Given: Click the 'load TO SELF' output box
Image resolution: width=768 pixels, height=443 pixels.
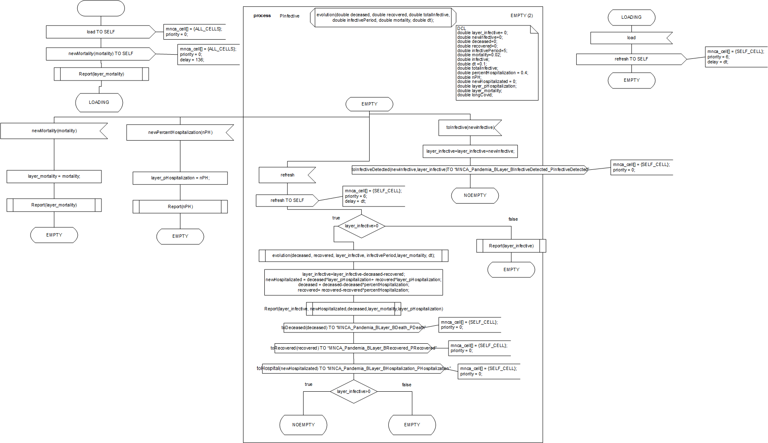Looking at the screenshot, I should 101,32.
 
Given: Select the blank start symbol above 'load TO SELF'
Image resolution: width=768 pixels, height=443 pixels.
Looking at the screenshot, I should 101,8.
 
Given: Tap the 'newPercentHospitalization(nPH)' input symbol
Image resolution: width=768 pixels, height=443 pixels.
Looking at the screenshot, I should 180,133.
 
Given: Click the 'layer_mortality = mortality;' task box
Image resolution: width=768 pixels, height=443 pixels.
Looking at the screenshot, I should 54,176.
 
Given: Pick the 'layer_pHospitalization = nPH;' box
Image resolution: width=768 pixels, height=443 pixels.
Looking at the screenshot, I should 180,178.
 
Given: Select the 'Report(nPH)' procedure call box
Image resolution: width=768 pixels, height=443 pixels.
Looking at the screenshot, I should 180,207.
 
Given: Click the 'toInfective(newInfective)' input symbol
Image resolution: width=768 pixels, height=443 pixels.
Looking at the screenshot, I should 470,128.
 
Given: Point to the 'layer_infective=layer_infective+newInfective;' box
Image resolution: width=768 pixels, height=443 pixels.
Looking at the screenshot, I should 470,151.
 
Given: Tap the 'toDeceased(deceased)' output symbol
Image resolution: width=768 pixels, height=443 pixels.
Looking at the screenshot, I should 353,328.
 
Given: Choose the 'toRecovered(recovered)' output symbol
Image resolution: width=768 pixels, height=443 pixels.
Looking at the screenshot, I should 353,348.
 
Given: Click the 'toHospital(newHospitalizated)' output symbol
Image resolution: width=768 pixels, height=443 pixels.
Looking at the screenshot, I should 353,369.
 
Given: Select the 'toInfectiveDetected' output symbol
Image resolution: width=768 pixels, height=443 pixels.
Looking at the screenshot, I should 470,170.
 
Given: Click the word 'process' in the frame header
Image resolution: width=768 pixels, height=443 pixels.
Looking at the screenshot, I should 262,16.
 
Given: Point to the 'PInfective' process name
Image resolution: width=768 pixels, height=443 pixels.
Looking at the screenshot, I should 289,16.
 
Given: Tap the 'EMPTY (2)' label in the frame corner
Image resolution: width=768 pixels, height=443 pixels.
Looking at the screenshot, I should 522,16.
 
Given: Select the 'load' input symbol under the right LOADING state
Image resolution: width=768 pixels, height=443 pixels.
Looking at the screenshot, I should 631,38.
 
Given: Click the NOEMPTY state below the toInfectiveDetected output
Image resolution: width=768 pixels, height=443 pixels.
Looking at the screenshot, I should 475,196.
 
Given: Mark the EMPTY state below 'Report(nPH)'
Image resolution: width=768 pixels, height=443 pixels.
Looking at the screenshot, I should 180,237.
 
